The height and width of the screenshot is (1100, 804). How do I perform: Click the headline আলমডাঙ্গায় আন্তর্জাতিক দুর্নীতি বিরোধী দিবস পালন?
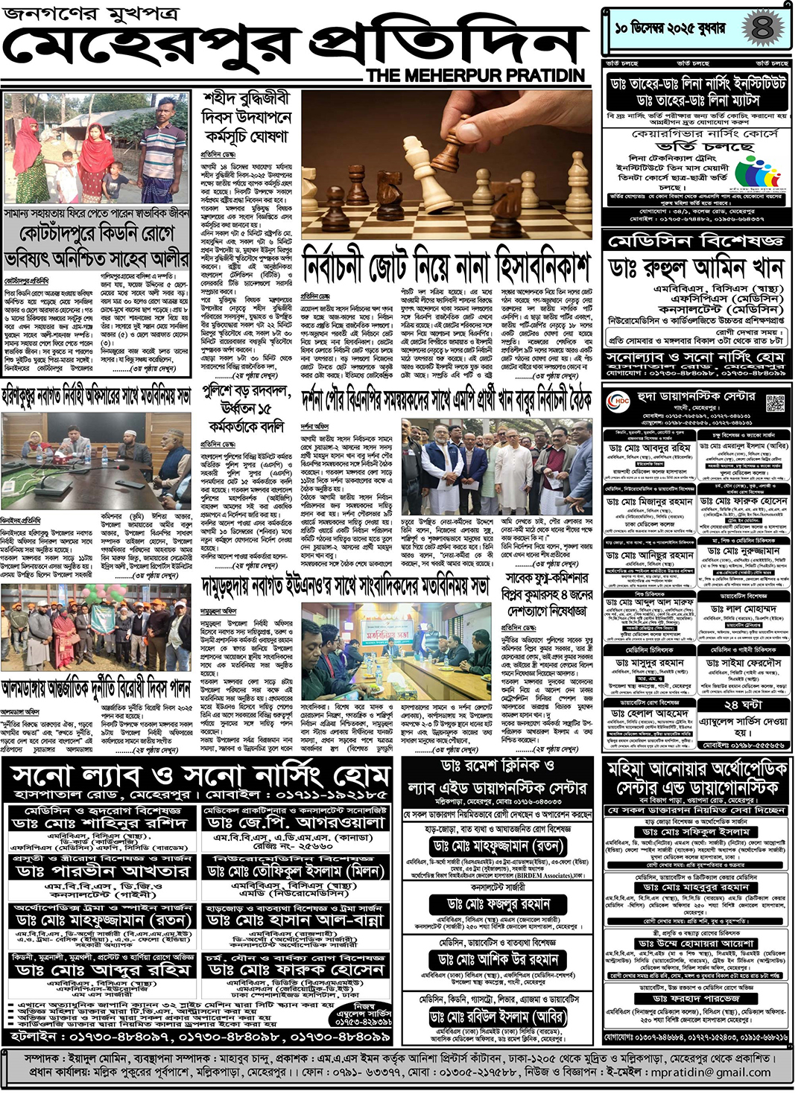click(x=97, y=687)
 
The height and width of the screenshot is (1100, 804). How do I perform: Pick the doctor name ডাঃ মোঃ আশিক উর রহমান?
click(x=498, y=959)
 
